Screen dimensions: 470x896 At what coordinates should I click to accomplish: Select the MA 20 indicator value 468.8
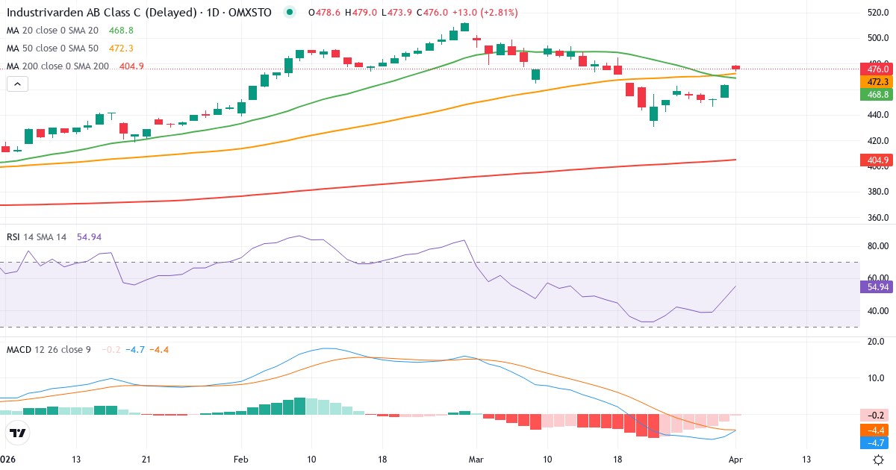tap(120, 31)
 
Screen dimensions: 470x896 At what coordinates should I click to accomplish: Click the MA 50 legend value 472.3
tap(120, 48)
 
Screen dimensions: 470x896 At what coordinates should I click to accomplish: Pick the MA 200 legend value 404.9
tap(131, 66)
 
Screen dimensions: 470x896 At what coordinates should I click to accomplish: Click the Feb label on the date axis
tap(240, 460)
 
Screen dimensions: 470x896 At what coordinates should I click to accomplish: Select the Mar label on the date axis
tap(476, 460)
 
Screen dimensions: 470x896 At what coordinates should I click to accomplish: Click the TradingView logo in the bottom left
tap(18, 433)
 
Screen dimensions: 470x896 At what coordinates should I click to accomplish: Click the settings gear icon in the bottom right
tap(879, 460)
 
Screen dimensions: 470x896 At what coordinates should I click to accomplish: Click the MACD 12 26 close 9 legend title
tap(49, 349)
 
